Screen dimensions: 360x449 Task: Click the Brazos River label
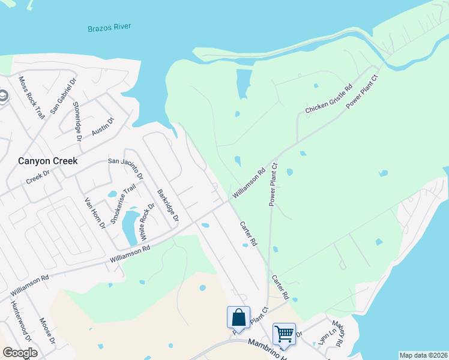click(109, 28)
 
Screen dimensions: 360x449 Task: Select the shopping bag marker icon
click(238, 317)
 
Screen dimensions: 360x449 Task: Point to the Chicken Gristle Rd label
click(328, 99)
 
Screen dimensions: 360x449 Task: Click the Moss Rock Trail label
click(32, 97)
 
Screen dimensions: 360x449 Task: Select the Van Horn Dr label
click(95, 213)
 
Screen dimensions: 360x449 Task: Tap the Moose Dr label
click(47, 332)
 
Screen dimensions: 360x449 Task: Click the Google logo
click(19, 353)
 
